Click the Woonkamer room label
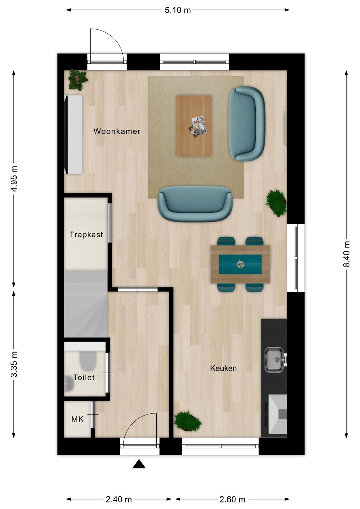(x=117, y=131)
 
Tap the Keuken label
(x=223, y=368)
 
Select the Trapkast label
(x=86, y=234)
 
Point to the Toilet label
(x=84, y=378)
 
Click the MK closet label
(x=77, y=419)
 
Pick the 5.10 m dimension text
(x=178, y=10)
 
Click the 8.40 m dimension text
(x=347, y=254)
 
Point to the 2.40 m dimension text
(x=119, y=499)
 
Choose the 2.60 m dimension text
(x=232, y=499)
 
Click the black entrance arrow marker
(x=139, y=464)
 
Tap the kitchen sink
(x=274, y=360)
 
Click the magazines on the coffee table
(x=198, y=126)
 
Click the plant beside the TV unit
(x=78, y=80)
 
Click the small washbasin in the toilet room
(x=68, y=384)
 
